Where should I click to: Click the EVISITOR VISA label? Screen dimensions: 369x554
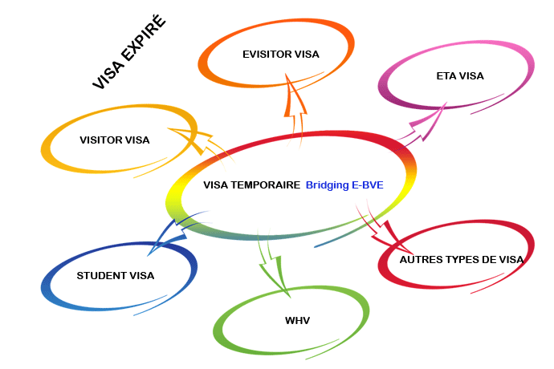click(281, 55)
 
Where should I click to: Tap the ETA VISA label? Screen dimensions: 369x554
click(460, 76)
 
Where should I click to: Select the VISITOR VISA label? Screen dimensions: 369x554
click(115, 140)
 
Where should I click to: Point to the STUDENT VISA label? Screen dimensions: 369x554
click(116, 276)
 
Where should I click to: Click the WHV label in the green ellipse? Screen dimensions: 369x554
click(297, 321)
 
